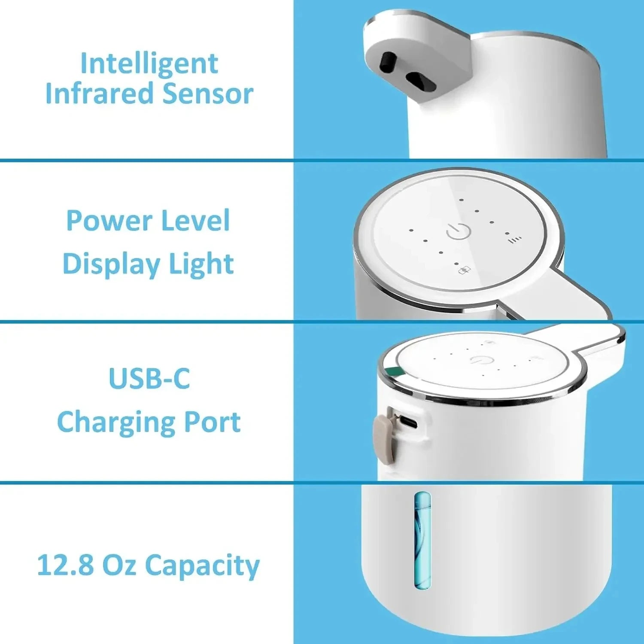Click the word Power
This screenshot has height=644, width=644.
pyautogui.click(x=109, y=221)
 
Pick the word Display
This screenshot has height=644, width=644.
pyautogui.click(x=112, y=264)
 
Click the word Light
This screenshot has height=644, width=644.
pyautogui.click(x=201, y=264)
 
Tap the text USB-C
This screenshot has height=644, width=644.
pyautogui.click(x=149, y=379)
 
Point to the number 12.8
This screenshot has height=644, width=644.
pyautogui.click(x=65, y=565)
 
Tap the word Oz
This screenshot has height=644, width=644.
pyautogui.click(x=119, y=565)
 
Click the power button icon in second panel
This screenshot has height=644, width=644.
pyautogui.click(x=459, y=231)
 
